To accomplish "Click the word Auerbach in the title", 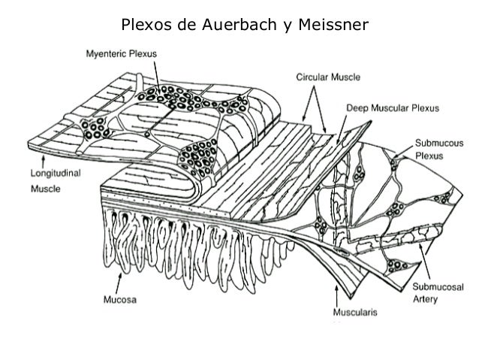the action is [239, 25].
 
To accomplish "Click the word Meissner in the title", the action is [333, 25].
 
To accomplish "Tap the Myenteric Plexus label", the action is [122, 54].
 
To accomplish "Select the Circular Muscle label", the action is [328, 77].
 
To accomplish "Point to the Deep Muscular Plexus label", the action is [393, 108].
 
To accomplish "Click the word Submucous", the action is [439, 143].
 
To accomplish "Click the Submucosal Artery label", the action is [438, 292].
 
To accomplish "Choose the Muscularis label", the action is [355, 313].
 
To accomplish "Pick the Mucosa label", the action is [120, 299].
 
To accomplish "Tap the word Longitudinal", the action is [56, 173].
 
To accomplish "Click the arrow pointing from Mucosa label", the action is [119, 283].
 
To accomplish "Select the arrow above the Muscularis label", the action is [336, 295].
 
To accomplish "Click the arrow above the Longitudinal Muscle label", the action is [43, 162].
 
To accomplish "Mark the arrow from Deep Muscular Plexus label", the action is [342, 129].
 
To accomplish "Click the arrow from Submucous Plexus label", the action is [403, 152].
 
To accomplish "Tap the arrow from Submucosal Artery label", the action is [425, 262].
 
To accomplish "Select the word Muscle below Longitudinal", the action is [46, 189].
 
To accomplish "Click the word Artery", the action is [425, 299].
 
